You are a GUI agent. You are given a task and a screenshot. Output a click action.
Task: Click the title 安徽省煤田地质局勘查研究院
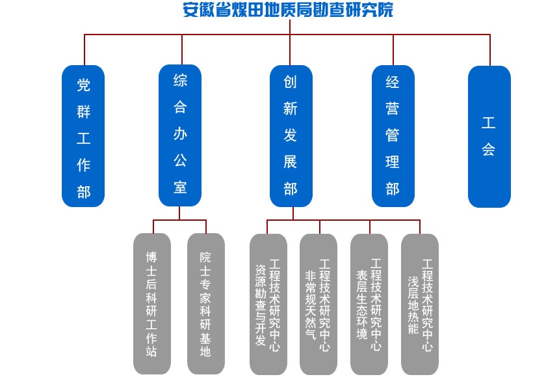(x=288, y=10)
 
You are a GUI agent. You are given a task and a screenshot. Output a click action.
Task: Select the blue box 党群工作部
(x=83, y=136)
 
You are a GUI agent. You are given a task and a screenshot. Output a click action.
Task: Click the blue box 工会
(x=489, y=136)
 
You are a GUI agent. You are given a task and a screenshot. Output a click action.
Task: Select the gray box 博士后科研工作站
(x=151, y=303)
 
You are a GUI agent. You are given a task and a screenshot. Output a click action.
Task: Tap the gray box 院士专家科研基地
(x=205, y=303)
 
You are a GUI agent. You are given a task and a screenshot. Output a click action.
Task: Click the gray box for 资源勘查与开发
(x=268, y=303)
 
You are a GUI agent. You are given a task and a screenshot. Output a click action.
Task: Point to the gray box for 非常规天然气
(x=318, y=303)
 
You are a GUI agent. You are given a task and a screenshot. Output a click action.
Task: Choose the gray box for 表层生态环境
(x=369, y=303)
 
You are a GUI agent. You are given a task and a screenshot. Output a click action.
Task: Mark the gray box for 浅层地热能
(x=420, y=303)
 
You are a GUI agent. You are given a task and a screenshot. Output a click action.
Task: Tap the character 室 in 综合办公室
(x=180, y=188)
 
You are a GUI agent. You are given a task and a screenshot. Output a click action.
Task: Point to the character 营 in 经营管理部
(x=393, y=109)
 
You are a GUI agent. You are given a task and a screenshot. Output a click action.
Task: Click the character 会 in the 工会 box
(x=489, y=150)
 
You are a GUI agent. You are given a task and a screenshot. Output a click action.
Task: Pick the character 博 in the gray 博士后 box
(x=151, y=255)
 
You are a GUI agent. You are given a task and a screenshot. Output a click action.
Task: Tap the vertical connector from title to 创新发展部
(x=289, y=49)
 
